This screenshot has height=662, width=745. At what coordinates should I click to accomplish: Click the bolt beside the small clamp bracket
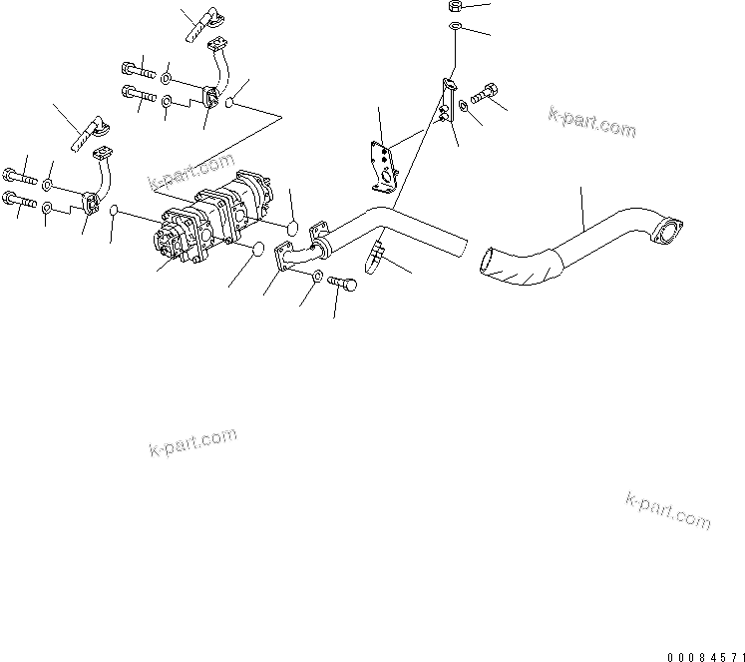tap(487, 96)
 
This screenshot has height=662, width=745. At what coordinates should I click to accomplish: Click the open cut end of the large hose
tap(490, 261)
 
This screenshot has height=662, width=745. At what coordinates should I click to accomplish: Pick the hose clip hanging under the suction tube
tap(377, 255)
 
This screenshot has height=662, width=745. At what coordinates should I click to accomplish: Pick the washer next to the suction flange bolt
tap(316, 275)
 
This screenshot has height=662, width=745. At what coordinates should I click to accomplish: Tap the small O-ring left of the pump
tap(115, 212)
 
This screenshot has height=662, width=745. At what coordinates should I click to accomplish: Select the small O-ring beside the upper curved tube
tap(231, 103)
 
